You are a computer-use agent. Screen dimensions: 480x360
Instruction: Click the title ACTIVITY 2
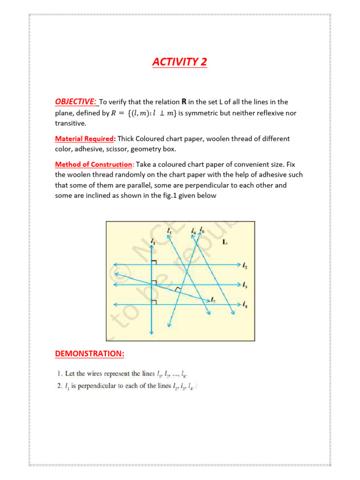click(x=180, y=62)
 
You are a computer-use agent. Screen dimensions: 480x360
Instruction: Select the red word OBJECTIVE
click(x=75, y=102)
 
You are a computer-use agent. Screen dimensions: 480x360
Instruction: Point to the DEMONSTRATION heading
click(x=90, y=354)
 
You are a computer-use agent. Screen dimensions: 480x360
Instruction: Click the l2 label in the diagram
click(x=245, y=266)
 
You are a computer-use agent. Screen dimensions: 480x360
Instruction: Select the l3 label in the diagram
click(x=245, y=285)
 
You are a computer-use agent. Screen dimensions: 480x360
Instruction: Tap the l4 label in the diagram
click(x=245, y=305)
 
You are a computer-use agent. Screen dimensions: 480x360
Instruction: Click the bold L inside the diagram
click(x=225, y=242)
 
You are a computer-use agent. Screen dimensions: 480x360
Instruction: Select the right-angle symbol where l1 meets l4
click(x=154, y=302)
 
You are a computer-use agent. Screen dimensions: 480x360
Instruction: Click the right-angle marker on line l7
click(x=177, y=290)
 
